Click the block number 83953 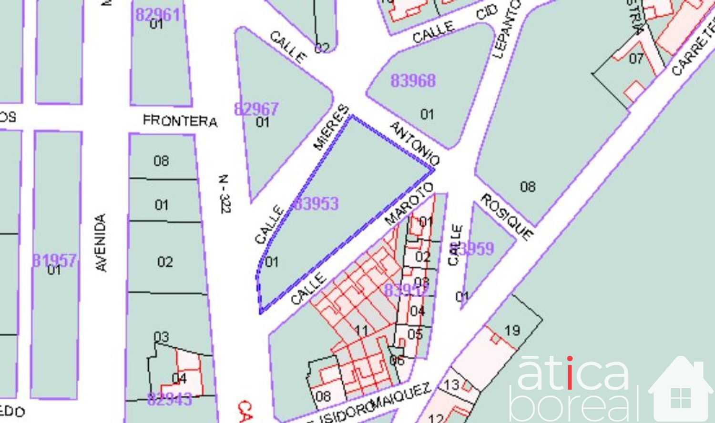[316, 203]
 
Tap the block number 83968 [413, 81]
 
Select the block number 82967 [256, 109]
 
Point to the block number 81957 [54, 260]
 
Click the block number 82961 [158, 15]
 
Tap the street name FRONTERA [180, 121]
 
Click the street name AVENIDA [101, 243]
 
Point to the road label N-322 [225, 194]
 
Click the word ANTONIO [414, 143]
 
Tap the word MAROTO [409, 203]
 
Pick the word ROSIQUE [507, 217]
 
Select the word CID [487, 12]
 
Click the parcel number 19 [512, 330]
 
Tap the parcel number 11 [362, 330]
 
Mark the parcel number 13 [451, 384]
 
